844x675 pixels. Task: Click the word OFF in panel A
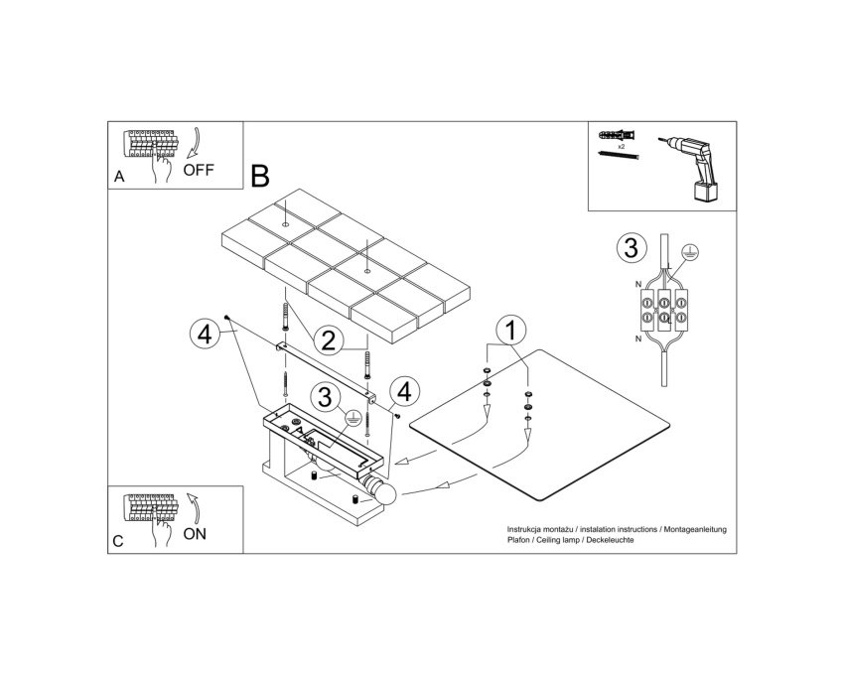[199, 170]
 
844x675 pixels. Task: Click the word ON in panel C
[195, 534]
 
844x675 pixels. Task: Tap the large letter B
[260, 176]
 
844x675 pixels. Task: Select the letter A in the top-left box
[119, 177]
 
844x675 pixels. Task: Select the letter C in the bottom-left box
[118, 541]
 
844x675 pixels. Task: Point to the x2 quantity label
[622, 146]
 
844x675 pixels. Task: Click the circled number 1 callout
[511, 330]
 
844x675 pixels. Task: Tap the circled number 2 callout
[329, 340]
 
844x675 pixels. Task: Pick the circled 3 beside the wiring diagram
[631, 248]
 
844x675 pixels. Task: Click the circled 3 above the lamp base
[325, 398]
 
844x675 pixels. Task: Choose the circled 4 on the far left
[206, 335]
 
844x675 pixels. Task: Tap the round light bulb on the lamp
[385, 493]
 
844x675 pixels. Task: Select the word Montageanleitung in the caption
[695, 530]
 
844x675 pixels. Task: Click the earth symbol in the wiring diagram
[688, 250]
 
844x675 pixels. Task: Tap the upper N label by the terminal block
[638, 284]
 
